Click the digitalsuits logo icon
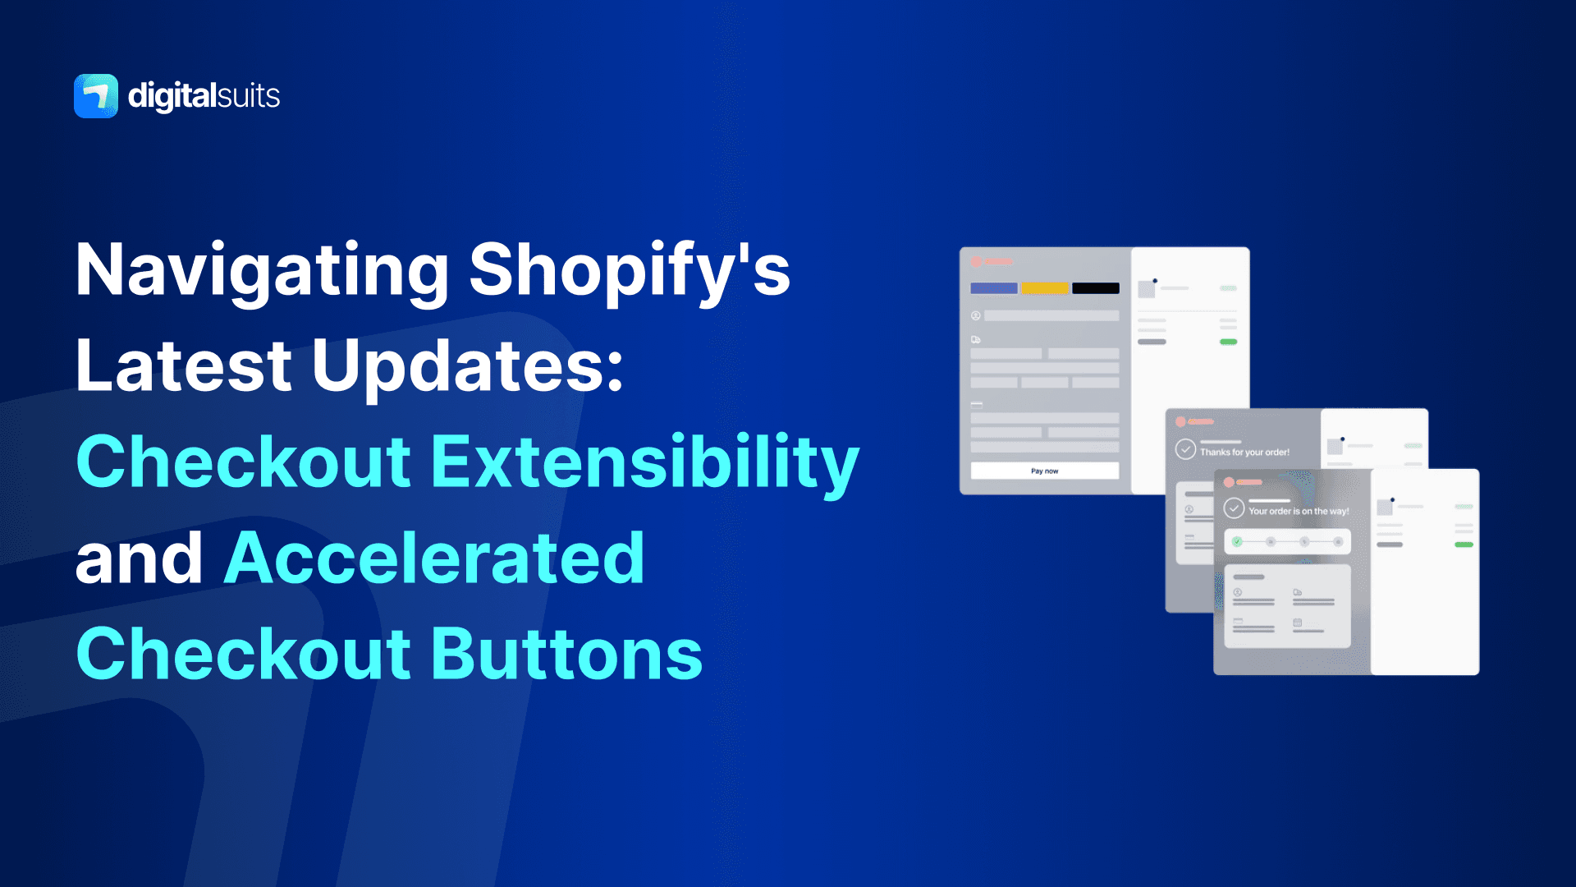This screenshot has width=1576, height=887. click(96, 96)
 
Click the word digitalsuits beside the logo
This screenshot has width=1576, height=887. click(204, 96)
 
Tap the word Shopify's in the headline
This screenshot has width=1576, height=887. click(630, 271)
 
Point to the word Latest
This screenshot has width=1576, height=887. click(184, 366)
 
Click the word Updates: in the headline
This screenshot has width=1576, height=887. click(468, 366)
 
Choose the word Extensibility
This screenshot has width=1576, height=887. click(644, 462)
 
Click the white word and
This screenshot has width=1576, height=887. click(139, 558)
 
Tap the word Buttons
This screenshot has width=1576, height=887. click(566, 655)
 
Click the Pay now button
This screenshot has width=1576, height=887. click(1044, 471)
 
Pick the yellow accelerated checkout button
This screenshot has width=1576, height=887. click(1044, 288)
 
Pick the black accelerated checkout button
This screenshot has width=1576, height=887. click(1095, 288)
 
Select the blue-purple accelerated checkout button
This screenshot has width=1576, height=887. click(993, 288)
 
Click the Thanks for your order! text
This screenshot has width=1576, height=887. click(1244, 453)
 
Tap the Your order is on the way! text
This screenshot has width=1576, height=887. click(1299, 511)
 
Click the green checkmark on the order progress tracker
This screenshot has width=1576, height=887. click(1237, 542)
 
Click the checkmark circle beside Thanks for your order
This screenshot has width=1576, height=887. click(1185, 449)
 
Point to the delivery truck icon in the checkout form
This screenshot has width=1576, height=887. click(976, 339)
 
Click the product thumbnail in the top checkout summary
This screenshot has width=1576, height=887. click(1147, 289)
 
